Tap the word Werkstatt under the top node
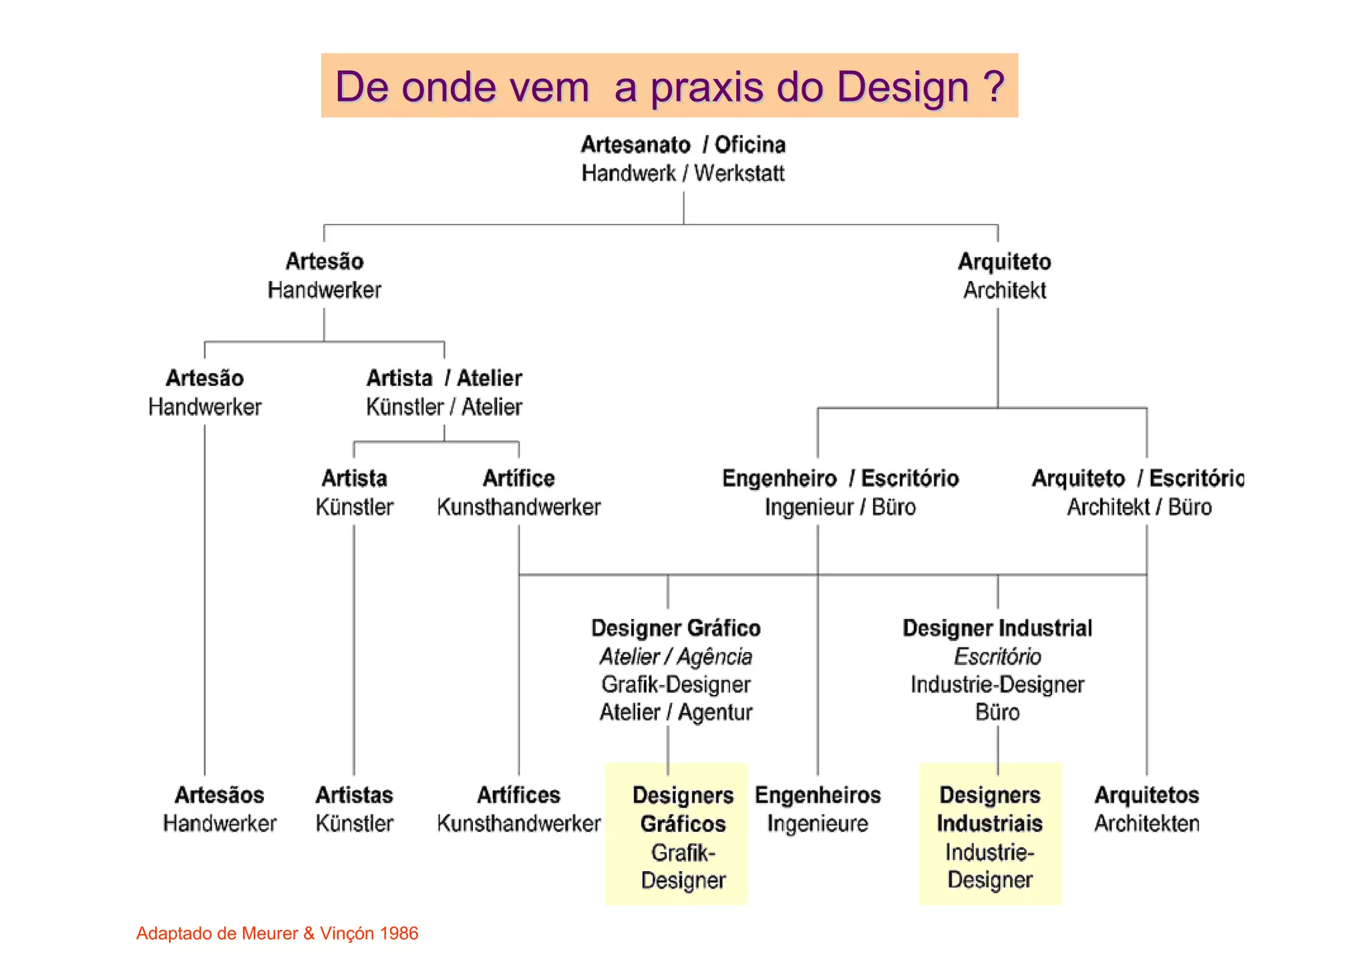click(739, 174)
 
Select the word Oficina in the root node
click(749, 145)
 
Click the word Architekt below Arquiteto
click(1004, 290)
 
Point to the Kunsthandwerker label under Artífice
click(518, 507)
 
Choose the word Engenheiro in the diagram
click(779, 479)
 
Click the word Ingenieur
click(808, 507)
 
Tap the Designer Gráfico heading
click(675, 628)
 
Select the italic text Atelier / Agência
click(675, 657)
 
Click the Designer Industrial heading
click(997, 628)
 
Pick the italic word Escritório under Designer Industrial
click(997, 657)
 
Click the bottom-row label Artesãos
click(219, 795)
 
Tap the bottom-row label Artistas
click(354, 795)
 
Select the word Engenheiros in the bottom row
click(817, 795)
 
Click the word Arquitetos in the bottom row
click(1146, 795)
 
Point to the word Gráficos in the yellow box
click(683, 824)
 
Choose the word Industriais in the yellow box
click(989, 824)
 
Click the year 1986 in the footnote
click(399, 933)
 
